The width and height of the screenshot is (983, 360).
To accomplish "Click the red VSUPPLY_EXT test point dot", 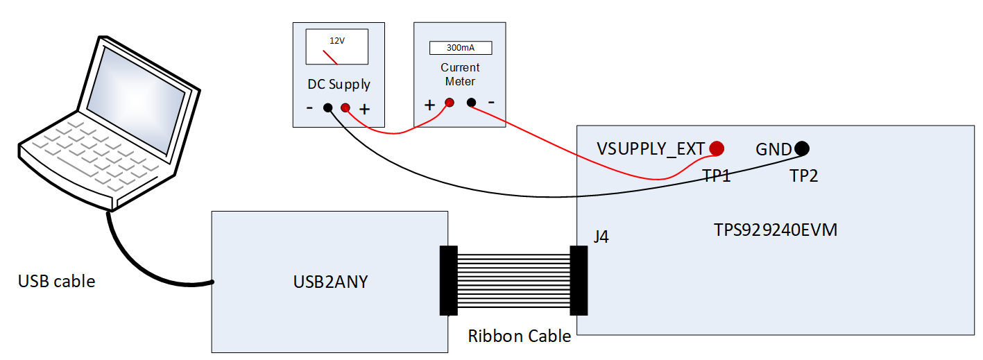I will pyautogui.click(x=716, y=148).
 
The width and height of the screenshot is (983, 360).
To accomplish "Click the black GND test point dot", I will pyautogui.click(x=801, y=148).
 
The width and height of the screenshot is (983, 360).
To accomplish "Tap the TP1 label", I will pyautogui.click(x=717, y=176).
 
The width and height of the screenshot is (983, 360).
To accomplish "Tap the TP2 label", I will pyautogui.click(x=804, y=176).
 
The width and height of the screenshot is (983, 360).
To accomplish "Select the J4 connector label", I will pyautogui.click(x=601, y=237).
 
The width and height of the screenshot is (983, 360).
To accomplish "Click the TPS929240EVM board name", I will pyautogui.click(x=775, y=230).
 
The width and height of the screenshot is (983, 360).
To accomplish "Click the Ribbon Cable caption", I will pyautogui.click(x=519, y=336).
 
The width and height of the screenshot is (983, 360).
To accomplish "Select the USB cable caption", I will pyautogui.click(x=56, y=281).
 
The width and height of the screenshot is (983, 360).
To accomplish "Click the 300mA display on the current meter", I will pyautogui.click(x=460, y=48).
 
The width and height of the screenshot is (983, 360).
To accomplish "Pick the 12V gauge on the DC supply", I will pyautogui.click(x=336, y=48).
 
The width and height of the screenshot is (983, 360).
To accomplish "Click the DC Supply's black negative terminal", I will pyautogui.click(x=327, y=108).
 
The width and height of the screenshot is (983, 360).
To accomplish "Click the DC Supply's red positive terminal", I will pyautogui.click(x=345, y=108).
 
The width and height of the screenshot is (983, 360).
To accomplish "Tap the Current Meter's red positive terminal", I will pyautogui.click(x=449, y=103).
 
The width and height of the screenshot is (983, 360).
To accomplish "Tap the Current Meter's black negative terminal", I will pyautogui.click(x=471, y=103).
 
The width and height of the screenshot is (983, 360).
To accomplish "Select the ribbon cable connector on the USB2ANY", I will pyautogui.click(x=449, y=280).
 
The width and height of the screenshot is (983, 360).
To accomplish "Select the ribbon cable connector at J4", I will pyautogui.click(x=578, y=280).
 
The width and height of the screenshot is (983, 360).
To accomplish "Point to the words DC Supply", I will pyautogui.click(x=339, y=85).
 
